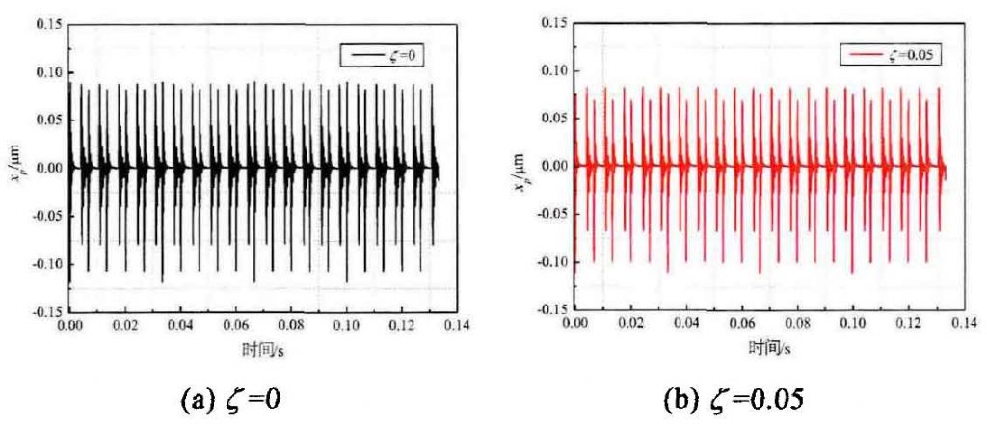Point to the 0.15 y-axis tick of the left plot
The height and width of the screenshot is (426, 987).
click(48, 24)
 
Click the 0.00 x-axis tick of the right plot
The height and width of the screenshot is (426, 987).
click(574, 325)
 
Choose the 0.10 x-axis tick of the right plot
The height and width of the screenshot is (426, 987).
click(845, 325)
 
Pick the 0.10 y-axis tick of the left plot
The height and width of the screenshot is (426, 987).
click(48, 72)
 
